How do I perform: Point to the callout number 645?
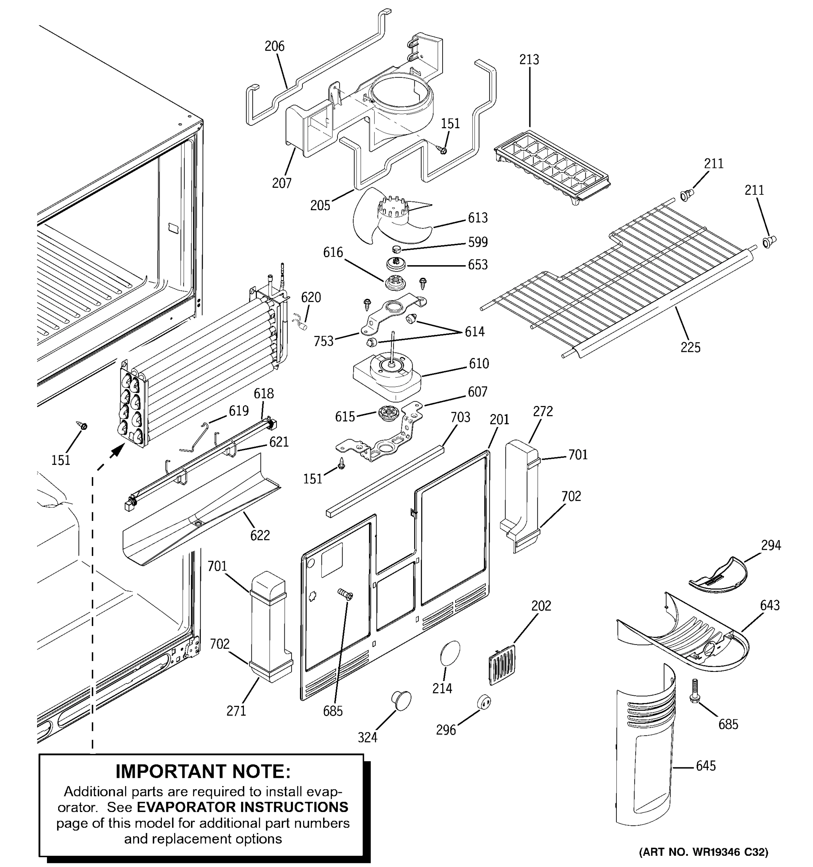click(706, 765)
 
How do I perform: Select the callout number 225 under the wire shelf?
click(691, 347)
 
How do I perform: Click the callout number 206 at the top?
click(274, 46)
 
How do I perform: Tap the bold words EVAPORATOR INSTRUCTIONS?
click(242, 807)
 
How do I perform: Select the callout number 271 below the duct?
click(236, 711)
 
